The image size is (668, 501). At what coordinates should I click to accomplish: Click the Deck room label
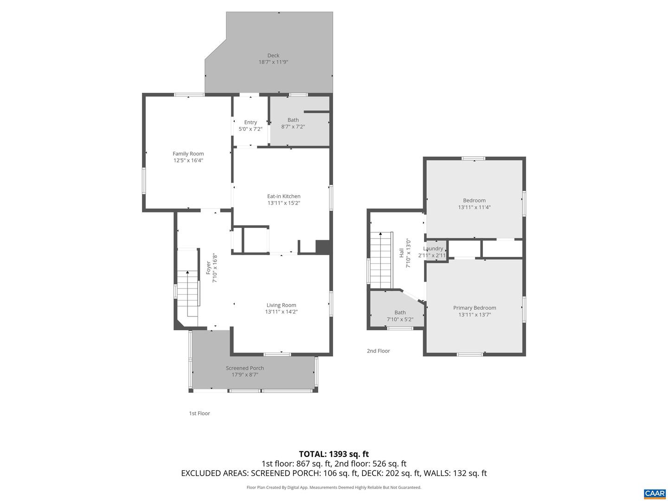tap(273, 56)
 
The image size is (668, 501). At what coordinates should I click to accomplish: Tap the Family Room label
tap(188, 154)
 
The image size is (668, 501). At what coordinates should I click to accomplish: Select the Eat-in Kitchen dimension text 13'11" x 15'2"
tap(283, 203)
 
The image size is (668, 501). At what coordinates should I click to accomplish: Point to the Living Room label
tap(281, 305)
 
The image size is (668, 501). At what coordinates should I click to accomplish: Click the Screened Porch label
tap(245, 368)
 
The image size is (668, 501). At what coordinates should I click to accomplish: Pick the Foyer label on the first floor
tap(209, 267)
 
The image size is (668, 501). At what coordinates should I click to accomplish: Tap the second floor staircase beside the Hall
tap(381, 260)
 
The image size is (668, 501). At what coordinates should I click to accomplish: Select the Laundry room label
tap(433, 249)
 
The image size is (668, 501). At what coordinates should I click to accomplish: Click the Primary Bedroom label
tap(475, 308)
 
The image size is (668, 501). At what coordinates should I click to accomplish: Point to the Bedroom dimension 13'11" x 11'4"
tap(474, 207)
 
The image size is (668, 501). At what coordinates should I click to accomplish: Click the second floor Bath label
tap(400, 313)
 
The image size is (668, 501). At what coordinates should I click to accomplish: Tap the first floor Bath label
tap(293, 120)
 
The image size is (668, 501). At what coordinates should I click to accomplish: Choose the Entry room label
tap(250, 122)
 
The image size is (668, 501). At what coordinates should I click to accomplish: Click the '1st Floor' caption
tap(199, 413)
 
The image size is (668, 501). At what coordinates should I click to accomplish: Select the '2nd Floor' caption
tap(379, 351)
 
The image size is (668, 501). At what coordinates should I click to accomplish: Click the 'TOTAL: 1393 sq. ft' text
tap(334, 454)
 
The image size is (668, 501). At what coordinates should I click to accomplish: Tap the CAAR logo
tap(655, 494)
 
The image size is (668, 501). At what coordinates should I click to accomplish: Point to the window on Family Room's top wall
tap(189, 95)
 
